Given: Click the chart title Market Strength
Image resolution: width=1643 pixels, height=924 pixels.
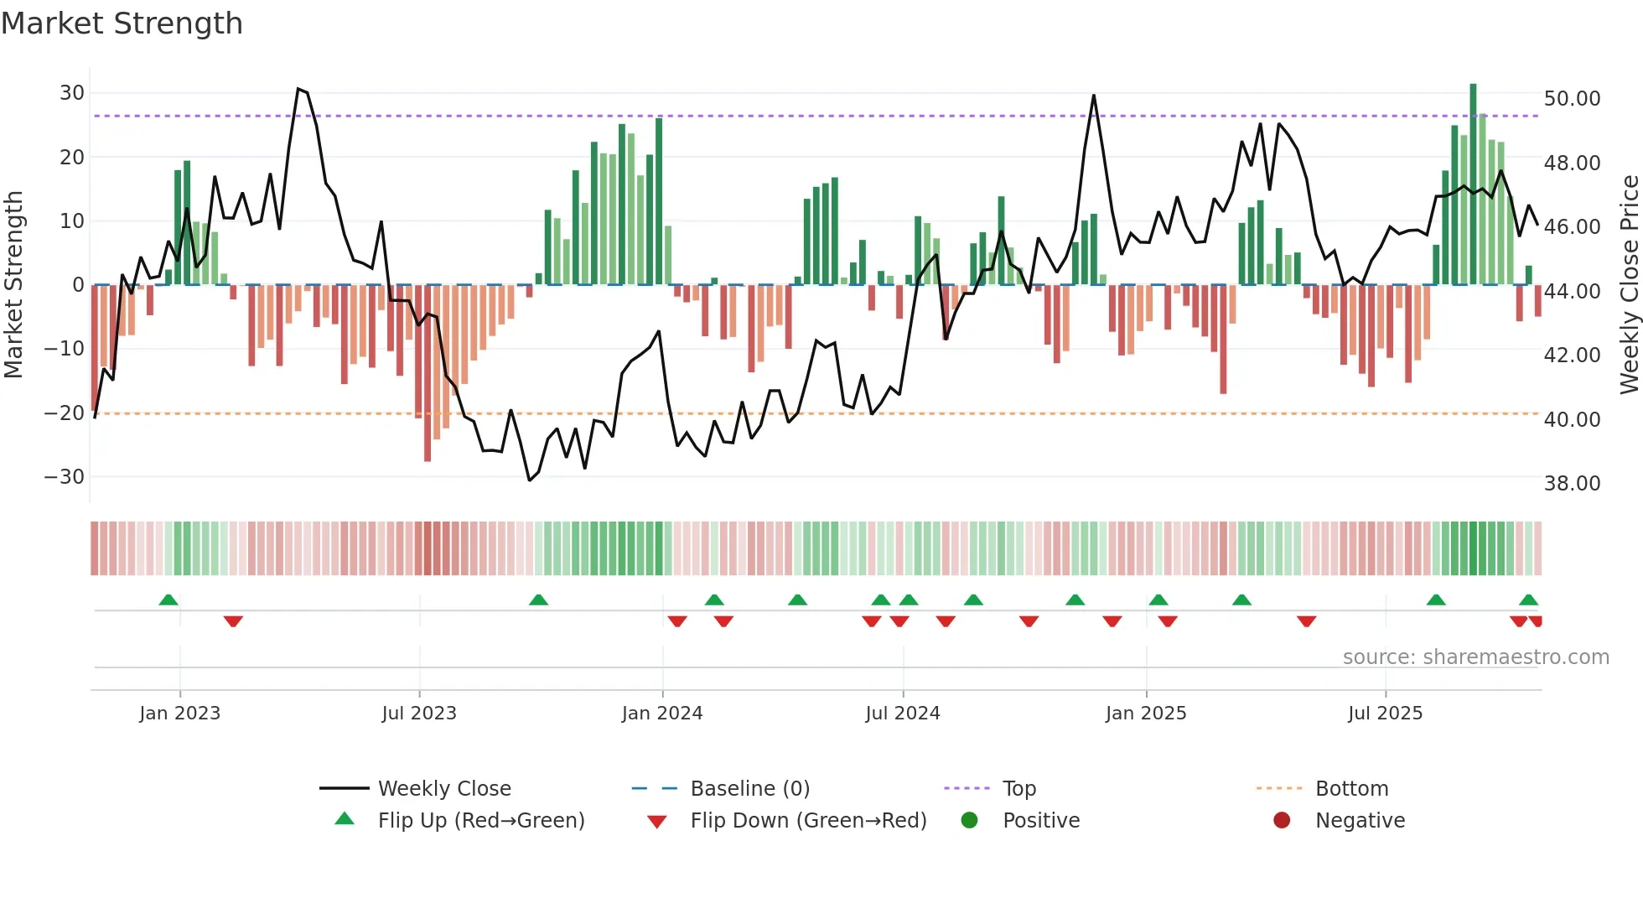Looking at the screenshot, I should tap(122, 23).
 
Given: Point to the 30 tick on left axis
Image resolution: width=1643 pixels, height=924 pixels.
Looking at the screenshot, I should tap(72, 93).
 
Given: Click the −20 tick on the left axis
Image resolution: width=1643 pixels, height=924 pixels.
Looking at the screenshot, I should tap(65, 413).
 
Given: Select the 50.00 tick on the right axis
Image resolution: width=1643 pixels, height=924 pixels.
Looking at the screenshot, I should tap(1572, 99).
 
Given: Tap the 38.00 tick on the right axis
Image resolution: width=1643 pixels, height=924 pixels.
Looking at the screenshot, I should tap(1572, 483).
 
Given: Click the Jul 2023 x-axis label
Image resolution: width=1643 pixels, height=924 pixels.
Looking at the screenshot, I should tap(419, 714).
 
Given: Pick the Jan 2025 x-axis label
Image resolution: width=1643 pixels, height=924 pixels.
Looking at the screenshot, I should tap(1146, 714).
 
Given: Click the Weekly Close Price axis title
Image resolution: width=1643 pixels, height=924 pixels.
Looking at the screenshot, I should tap(1629, 285).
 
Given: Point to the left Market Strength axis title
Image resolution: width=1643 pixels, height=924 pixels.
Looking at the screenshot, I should tap(13, 285).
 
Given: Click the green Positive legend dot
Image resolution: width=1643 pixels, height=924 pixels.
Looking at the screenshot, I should tap(970, 821).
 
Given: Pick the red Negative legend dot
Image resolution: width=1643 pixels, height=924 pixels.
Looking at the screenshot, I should tap(1282, 821).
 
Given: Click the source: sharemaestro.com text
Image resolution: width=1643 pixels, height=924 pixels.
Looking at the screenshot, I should tap(1475, 657).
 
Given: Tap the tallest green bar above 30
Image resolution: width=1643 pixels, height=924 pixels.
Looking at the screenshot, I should tap(1473, 184).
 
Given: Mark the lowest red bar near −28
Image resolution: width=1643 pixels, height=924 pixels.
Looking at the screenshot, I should tap(428, 373).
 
